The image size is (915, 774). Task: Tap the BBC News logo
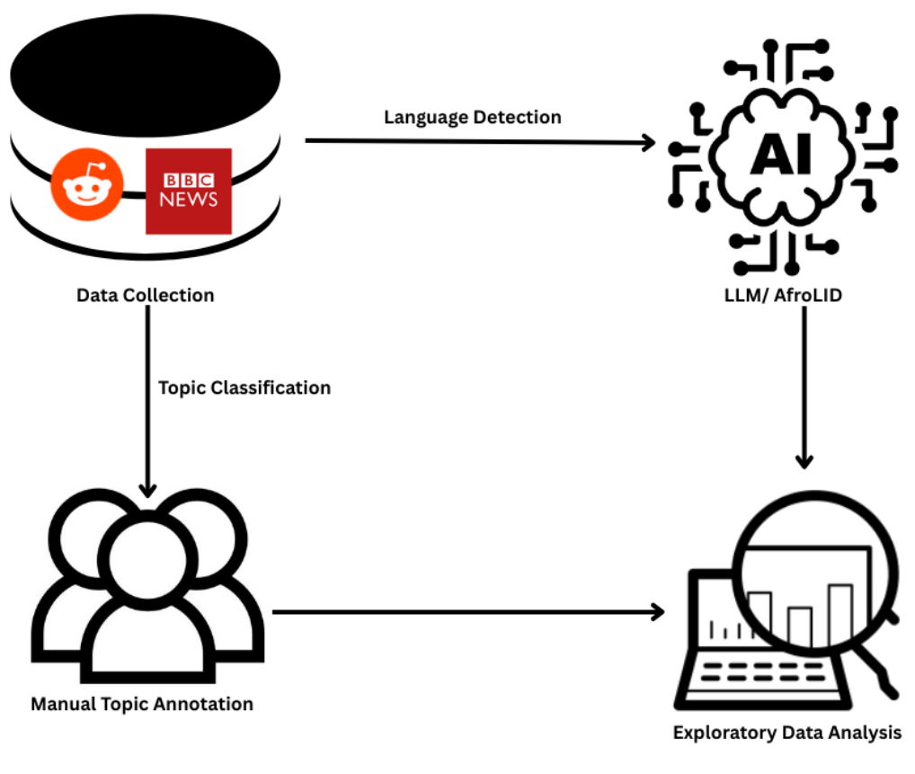pos(189,191)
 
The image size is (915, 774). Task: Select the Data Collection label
pos(146,295)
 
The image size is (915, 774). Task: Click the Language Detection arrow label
pos(473,118)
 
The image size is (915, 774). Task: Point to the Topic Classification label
pos(244,387)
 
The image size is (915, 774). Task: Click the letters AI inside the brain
pos(780,155)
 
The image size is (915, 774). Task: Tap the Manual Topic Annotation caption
pos(142,703)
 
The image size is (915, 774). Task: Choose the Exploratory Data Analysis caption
pos(787,733)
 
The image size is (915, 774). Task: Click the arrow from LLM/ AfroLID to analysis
pos(804,387)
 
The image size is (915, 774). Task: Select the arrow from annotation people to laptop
pos(467,612)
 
